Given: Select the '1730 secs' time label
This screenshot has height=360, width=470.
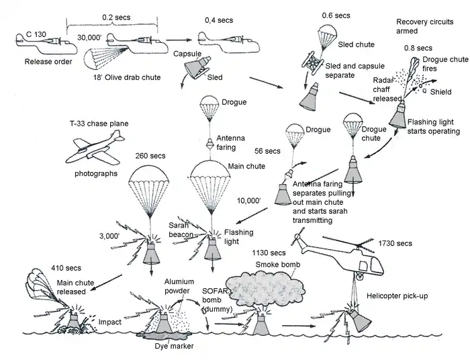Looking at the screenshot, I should pyautogui.click(x=395, y=242).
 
